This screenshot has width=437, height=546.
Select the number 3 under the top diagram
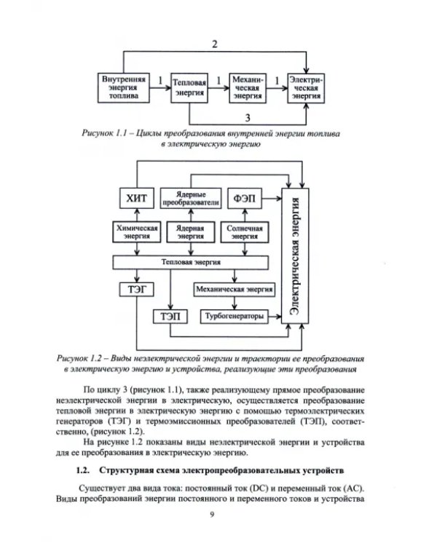point(248,117)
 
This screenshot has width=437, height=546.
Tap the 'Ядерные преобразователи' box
point(190,199)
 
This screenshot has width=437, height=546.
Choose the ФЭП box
point(244,199)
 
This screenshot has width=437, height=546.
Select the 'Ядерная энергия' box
point(190,232)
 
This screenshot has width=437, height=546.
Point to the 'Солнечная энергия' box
point(244,232)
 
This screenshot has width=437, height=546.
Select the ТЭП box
point(169,316)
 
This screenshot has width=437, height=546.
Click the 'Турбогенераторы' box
point(232,316)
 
